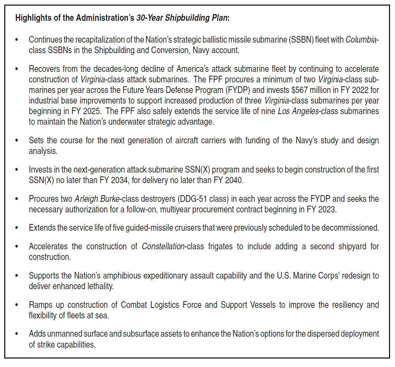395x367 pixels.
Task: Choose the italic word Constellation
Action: [163, 246]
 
